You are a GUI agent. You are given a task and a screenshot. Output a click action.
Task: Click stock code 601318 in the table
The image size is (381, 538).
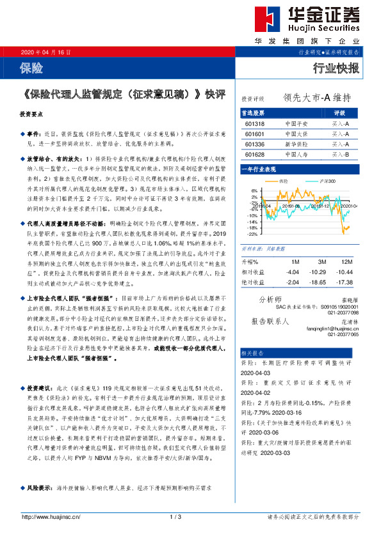[255, 123]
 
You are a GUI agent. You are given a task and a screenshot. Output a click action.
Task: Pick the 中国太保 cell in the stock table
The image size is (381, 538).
[296, 134]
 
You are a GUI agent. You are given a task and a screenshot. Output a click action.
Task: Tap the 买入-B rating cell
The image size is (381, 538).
[340, 155]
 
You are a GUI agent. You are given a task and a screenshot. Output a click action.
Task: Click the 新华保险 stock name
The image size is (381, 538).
[296, 144]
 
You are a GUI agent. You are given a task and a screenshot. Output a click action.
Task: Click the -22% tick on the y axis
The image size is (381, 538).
[252, 234]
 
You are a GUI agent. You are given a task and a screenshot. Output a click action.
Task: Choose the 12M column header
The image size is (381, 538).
[346, 263]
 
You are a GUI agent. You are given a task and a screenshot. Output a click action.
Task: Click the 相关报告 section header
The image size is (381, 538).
[251, 352]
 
